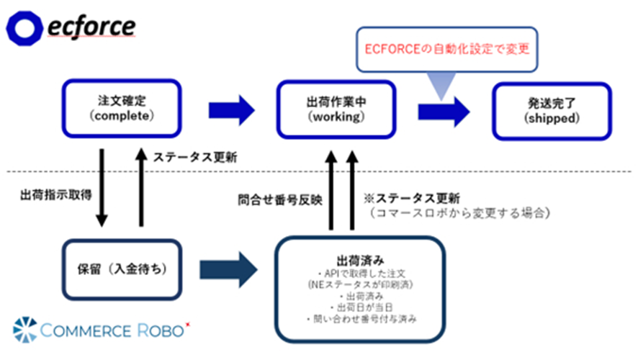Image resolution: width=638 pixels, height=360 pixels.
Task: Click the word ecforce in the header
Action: pyautogui.click(x=91, y=27)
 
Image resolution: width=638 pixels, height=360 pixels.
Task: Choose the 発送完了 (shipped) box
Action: pyautogui.click(x=552, y=109)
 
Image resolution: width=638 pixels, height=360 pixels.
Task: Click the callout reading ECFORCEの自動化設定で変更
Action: pyautogui.click(x=446, y=49)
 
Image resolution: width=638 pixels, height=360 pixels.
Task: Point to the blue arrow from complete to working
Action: pyautogui.click(x=232, y=110)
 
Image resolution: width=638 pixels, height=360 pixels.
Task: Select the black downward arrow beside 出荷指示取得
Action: pyautogui.click(x=102, y=186)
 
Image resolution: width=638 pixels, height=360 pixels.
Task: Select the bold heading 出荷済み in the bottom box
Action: pyautogui.click(x=358, y=258)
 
